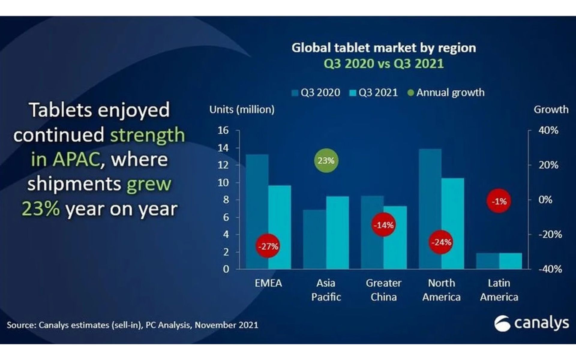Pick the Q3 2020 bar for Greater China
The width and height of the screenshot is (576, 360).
[x=372, y=210]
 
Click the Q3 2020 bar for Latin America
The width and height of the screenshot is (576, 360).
[x=487, y=261]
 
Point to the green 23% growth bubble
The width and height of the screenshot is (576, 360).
[x=326, y=161]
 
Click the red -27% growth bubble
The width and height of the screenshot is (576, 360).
[x=268, y=246]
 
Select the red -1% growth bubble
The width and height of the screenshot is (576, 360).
[x=499, y=201]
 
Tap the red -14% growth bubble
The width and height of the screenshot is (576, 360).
[x=383, y=225]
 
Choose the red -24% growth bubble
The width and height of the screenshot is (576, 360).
[x=441, y=242]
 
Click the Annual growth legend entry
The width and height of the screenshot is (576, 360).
[x=446, y=92]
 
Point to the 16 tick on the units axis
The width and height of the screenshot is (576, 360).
[x=223, y=130]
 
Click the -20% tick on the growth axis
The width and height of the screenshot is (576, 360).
[x=550, y=234]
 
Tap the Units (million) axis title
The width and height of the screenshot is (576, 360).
[x=242, y=109]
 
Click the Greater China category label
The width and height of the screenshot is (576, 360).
[x=383, y=290]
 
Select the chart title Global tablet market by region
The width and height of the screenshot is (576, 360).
[x=384, y=48]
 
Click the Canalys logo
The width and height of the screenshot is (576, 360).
[x=531, y=323]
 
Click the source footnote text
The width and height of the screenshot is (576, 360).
[x=132, y=325]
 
